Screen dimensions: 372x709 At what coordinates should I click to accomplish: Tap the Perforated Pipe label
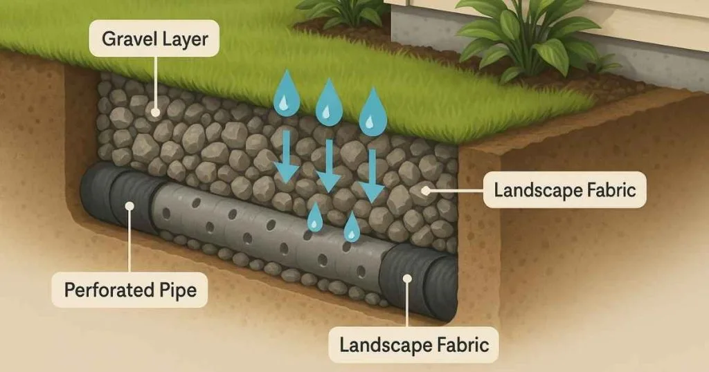[x=130, y=290]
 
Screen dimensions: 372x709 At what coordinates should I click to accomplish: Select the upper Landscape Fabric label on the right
[x=564, y=189]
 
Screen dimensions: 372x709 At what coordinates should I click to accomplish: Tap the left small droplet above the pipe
[x=315, y=217]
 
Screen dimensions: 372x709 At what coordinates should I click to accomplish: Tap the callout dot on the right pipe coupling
[x=408, y=279]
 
